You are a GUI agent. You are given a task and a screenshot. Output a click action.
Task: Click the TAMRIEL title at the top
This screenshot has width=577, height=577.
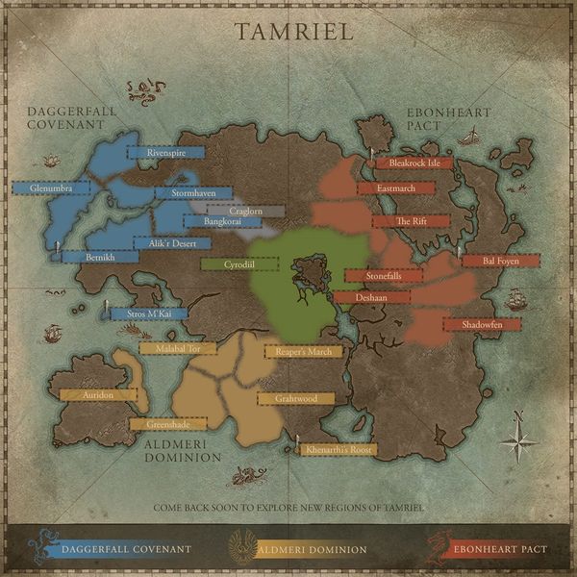[294, 31]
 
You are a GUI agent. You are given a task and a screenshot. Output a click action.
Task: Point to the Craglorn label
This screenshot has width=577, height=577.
[246, 211]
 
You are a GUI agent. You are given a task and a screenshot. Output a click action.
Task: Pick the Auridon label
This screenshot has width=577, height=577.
[98, 394]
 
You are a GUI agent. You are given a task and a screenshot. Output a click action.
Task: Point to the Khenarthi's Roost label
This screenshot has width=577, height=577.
[338, 449]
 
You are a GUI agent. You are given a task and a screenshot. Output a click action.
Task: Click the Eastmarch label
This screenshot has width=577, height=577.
[396, 188]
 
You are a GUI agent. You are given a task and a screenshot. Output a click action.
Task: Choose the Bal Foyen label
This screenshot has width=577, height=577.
[500, 261]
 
